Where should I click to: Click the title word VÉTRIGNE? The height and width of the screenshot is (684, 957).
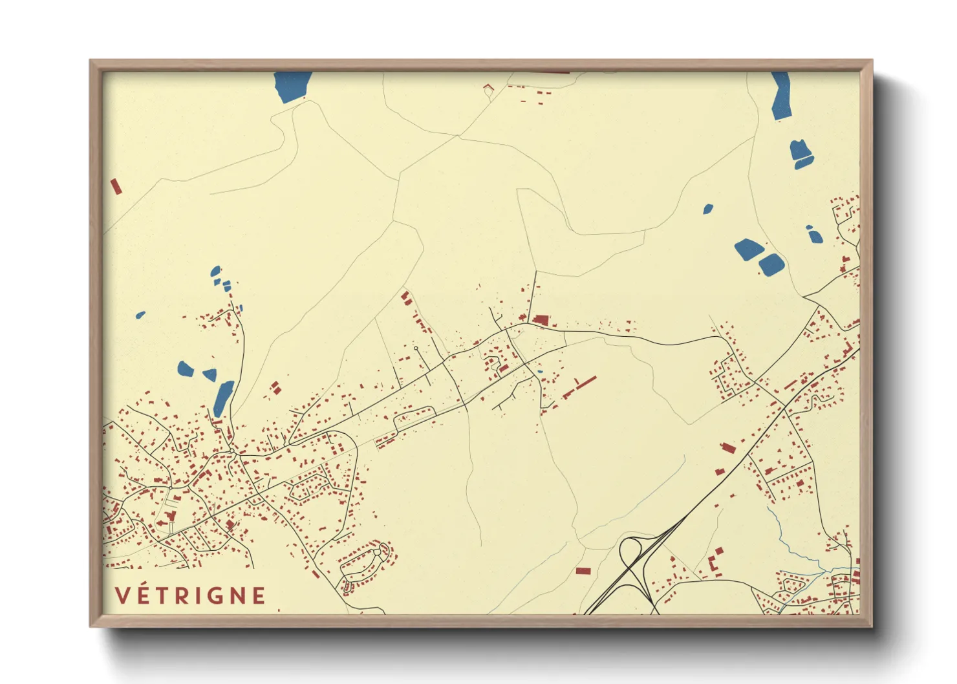[x=191, y=595]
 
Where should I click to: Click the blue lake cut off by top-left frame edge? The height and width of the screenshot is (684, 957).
[x=292, y=86]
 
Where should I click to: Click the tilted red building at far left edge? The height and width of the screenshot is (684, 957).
[x=116, y=186]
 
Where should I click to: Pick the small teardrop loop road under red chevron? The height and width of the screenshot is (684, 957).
[x=488, y=90]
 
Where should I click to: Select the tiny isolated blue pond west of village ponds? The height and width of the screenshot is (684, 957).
[x=140, y=315]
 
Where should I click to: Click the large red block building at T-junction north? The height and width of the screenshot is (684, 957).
[x=541, y=319]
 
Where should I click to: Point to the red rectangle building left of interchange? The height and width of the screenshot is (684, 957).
[x=583, y=571]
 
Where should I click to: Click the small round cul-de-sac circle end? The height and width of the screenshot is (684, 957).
[x=416, y=348]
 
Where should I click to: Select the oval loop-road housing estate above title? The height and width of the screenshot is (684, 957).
[x=365, y=564]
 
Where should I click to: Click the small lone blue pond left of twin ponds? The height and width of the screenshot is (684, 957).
[x=708, y=209]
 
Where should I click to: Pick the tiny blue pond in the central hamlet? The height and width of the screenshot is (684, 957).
[x=540, y=372]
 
